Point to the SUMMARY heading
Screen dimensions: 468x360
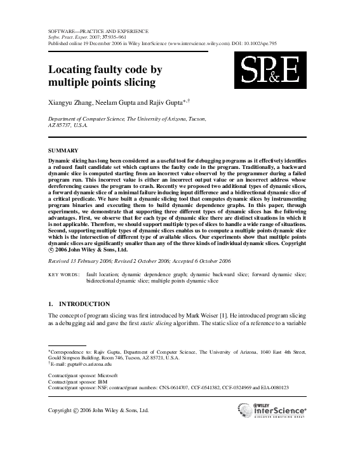click(x=63, y=150)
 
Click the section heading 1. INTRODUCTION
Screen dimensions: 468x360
click(x=79, y=304)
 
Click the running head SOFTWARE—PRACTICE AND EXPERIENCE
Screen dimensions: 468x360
click(x=98, y=31)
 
